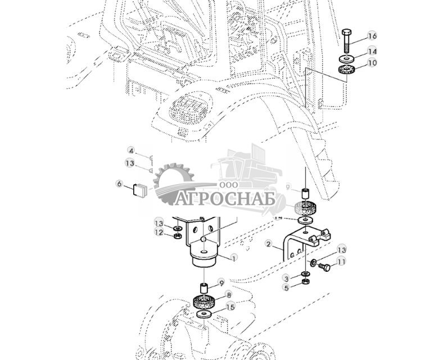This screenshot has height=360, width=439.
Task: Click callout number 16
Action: [x=372, y=37]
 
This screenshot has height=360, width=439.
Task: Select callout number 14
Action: [x=372, y=51]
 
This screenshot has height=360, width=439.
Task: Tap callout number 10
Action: [x=372, y=63]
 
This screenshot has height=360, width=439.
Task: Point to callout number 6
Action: [x=119, y=184]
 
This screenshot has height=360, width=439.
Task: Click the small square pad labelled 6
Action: [x=139, y=190]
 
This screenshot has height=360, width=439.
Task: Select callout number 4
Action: [x=131, y=151]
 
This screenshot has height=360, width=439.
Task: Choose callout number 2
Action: [x=269, y=244]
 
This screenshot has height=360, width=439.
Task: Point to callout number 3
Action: [x=286, y=278]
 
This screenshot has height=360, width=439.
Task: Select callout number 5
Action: [x=286, y=288]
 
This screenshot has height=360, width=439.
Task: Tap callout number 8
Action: [x=229, y=293]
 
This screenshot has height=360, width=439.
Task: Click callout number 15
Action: [x=230, y=307]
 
